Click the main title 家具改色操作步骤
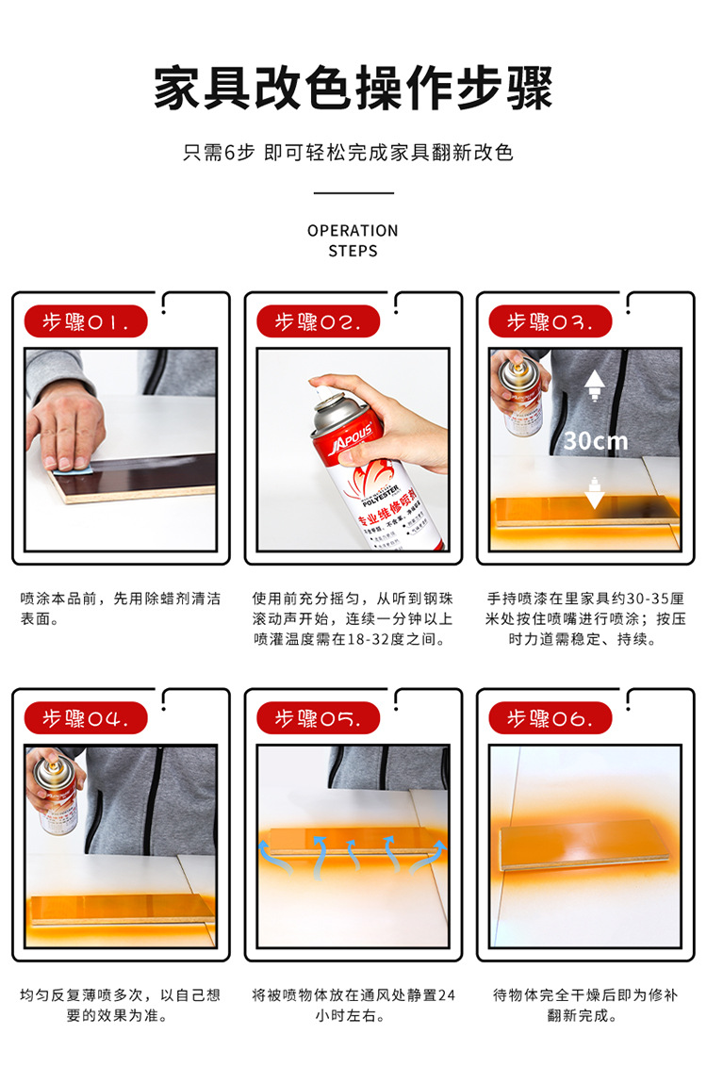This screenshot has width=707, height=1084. pos(353,89)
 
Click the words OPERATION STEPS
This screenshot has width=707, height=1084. pos(353,240)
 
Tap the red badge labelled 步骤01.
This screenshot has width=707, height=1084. pos(86,321)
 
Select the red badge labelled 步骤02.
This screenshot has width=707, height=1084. pos(319,321)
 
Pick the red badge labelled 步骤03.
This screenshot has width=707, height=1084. pos(551,321)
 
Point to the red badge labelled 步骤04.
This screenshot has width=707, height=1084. pos(86,718)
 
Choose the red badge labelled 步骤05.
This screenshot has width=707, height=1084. pos(319,718)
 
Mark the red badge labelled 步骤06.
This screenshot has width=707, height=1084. pos(551,718)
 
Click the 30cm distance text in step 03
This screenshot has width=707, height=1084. pos(596,440)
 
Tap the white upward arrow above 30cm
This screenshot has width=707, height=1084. pos(595,385)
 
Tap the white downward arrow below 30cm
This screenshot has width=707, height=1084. pos(595,493)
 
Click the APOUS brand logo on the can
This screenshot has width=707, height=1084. pos(353,439)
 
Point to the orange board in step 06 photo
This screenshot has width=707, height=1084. pos(584,844)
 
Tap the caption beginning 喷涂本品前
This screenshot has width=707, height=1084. pos(120,609)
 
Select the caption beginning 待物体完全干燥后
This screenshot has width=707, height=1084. pos(584,1005)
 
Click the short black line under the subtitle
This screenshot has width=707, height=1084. pos(353,193)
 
